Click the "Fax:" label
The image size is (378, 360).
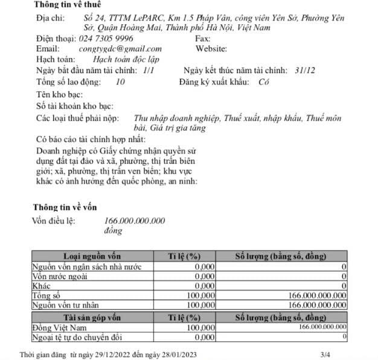pos(203,38)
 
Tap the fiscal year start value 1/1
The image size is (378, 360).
pos(149,70)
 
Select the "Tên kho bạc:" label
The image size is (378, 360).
pos(59,95)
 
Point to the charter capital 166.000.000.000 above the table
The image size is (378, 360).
pos(135,220)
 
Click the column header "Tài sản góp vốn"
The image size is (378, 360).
pos(97,317)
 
